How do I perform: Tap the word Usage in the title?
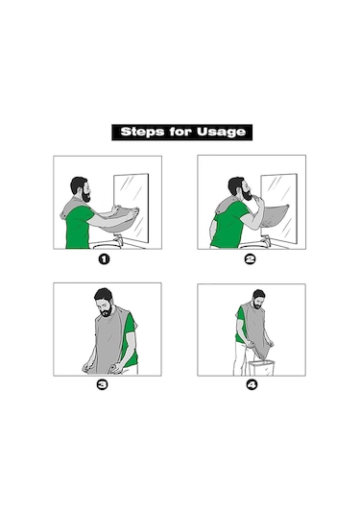[x=221, y=133]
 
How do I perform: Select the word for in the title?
[x=180, y=132]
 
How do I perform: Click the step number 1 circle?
[x=104, y=259]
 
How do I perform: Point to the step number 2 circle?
[x=250, y=259]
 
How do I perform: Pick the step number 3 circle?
[x=102, y=384]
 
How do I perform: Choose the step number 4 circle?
[x=252, y=384]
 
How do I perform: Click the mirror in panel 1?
[x=132, y=208]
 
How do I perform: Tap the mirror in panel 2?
[x=279, y=208]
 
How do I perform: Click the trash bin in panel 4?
[x=261, y=368]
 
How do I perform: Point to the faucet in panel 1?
[x=118, y=239]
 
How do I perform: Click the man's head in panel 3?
[x=105, y=303]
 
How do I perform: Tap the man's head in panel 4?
[x=258, y=299]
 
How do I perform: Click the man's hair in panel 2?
[x=235, y=184]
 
